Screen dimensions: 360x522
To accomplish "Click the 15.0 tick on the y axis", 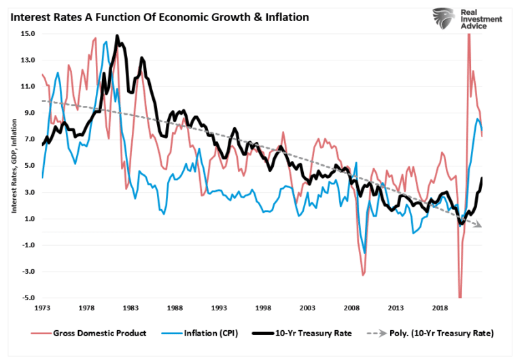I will [x=29, y=34].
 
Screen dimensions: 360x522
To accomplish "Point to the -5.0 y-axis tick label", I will [x=29, y=298].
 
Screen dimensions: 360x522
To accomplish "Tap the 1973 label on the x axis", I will [x=41, y=308].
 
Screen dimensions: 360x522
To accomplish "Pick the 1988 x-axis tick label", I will [x=175, y=308].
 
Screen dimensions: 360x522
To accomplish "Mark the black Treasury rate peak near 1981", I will [x=117, y=37].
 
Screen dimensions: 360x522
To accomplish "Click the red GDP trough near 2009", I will [x=364, y=274].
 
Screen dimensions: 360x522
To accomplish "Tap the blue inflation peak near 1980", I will [x=106, y=43].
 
